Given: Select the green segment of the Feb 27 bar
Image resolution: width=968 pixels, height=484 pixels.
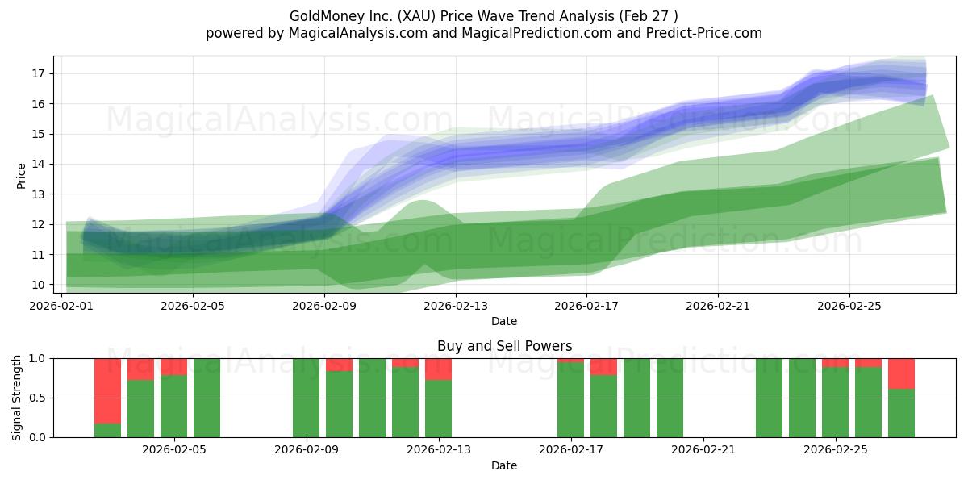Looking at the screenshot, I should [x=901, y=413].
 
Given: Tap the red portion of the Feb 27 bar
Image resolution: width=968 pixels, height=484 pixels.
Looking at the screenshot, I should [x=901, y=373].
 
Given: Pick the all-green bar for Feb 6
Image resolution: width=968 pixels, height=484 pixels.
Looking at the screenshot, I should [x=207, y=398].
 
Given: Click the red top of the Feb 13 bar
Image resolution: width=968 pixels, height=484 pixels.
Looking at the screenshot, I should [x=438, y=369].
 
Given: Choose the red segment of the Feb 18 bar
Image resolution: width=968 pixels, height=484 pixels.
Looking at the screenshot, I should [x=603, y=366].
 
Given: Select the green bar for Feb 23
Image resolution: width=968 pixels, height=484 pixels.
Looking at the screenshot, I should [x=769, y=398].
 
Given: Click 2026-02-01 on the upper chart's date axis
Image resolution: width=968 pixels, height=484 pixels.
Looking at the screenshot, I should [x=61, y=306].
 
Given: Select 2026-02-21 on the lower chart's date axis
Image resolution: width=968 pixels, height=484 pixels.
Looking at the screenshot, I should [x=703, y=450].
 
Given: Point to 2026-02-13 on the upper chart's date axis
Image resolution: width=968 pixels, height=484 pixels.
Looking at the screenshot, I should [x=456, y=306].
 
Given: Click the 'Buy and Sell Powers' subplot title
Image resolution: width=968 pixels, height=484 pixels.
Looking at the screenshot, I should [x=504, y=346].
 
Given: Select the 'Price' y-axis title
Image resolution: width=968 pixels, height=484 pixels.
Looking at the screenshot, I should [x=22, y=174].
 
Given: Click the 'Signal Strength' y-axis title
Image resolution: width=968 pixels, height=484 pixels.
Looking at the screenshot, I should [x=17, y=398].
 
